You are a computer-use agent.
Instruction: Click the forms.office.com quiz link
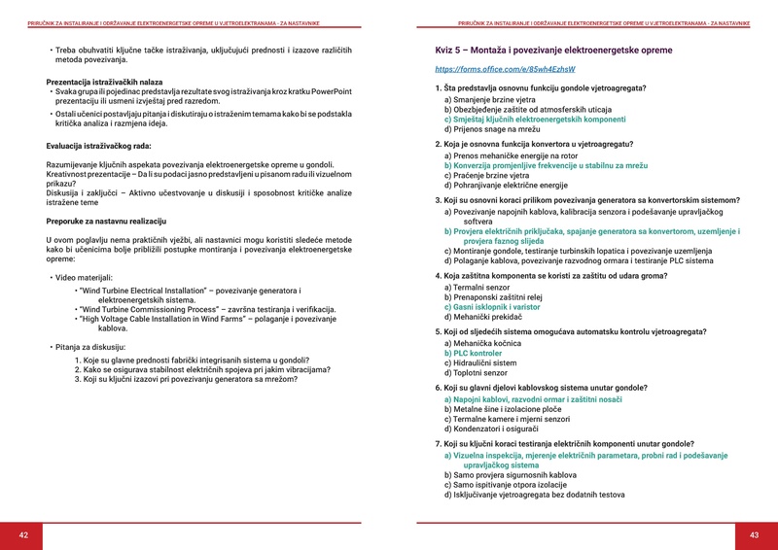pyautogui.click(x=505, y=70)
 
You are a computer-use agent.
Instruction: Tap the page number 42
pyautogui.click(x=24, y=534)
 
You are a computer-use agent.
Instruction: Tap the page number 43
pyautogui.click(x=754, y=534)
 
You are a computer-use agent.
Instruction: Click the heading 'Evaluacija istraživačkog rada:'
pyautogui.click(x=98, y=146)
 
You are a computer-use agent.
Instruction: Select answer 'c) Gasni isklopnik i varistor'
pyautogui.click(x=493, y=306)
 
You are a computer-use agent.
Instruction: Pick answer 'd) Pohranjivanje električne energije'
pyautogui.click(x=506, y=184)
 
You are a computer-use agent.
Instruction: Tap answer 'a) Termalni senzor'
pyautogui.click(x=477, y=288)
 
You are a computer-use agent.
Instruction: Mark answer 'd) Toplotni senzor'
pyautogui.click(x=476, y=372)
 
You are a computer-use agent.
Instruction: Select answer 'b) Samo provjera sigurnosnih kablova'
pyautogui.click(x=511, y=475)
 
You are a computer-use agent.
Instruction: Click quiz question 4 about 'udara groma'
pyautogui.click(x=549, y=276)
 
